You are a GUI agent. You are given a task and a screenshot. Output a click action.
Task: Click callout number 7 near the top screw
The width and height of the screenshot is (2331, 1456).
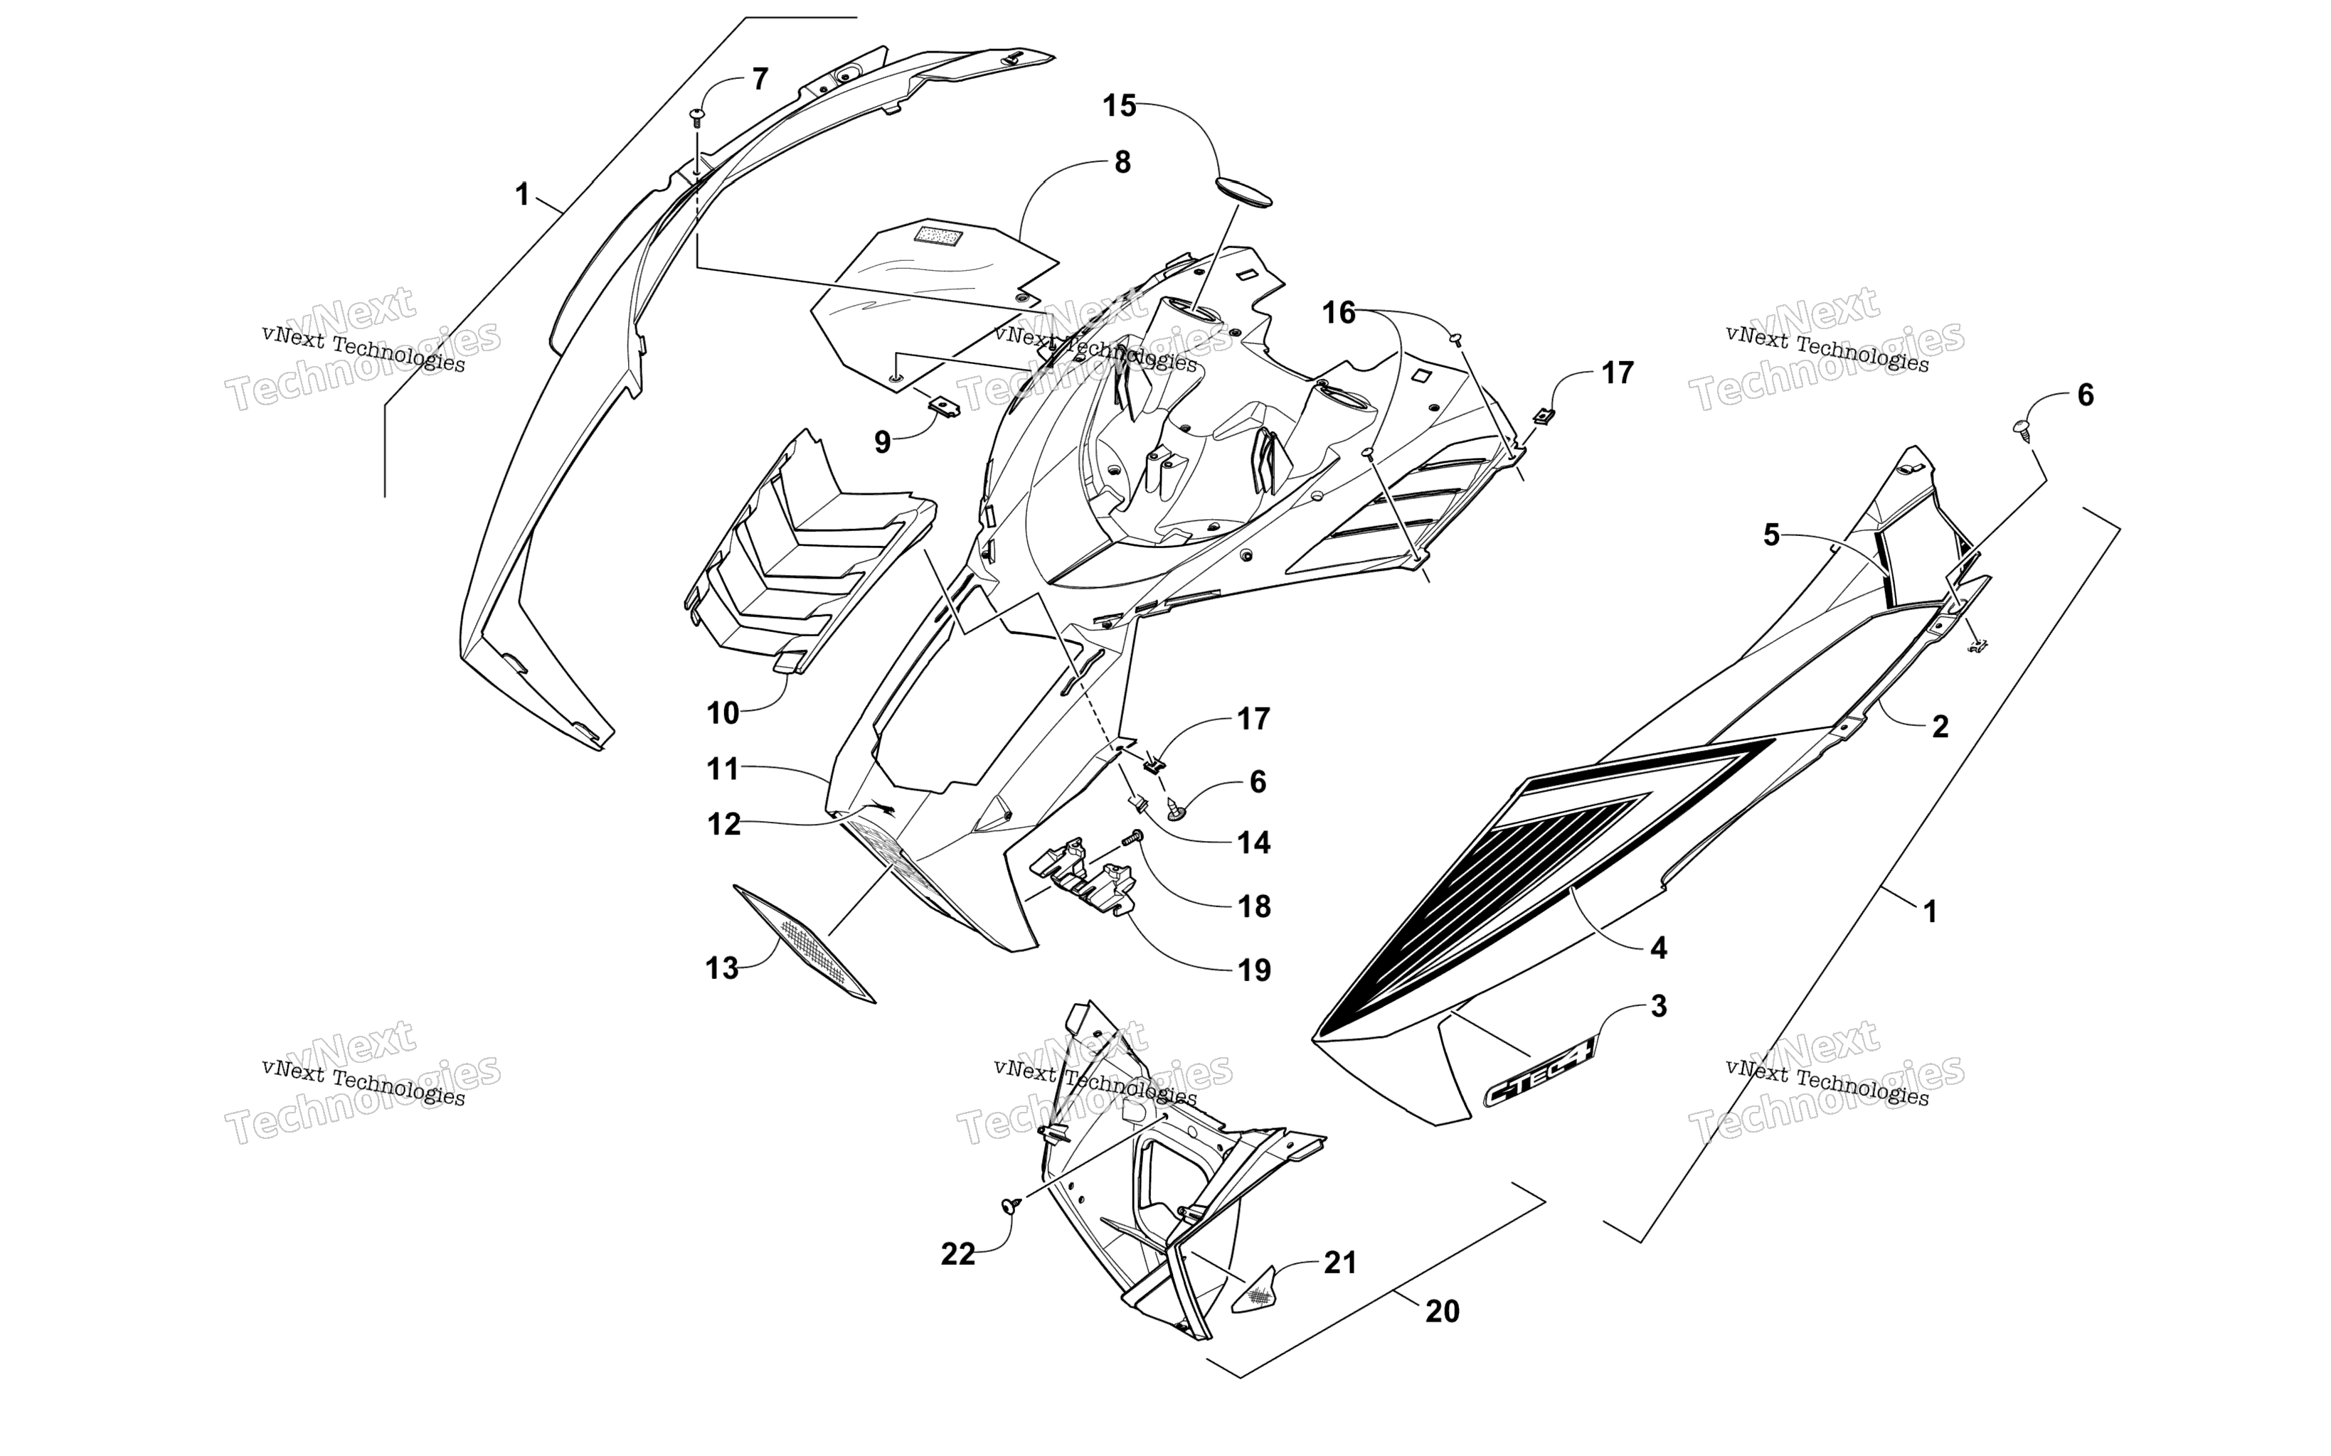(760, 79)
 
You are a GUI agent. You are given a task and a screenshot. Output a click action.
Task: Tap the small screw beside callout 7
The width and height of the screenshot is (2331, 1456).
(696, 119)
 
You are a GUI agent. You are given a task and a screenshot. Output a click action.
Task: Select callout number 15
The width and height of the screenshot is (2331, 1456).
(1120, 106)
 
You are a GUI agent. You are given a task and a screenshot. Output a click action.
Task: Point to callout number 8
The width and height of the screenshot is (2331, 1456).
(1122, 163)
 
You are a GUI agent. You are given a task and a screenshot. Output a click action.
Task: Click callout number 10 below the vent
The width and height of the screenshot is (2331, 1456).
(723, 714)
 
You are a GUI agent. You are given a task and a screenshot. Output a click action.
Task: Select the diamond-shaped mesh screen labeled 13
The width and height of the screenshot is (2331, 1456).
(805, 943)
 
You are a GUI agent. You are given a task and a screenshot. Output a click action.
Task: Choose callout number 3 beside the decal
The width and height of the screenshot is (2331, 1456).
(1659, 1006)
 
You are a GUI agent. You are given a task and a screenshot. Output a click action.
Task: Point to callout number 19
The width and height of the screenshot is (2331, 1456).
(1254, 970)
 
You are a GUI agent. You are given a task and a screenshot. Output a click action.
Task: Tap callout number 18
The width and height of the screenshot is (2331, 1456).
(1254, 906)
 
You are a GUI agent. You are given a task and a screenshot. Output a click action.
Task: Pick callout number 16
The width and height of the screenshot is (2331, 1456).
(1339, 313)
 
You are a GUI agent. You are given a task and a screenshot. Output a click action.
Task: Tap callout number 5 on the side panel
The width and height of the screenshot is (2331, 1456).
(1771, 535)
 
